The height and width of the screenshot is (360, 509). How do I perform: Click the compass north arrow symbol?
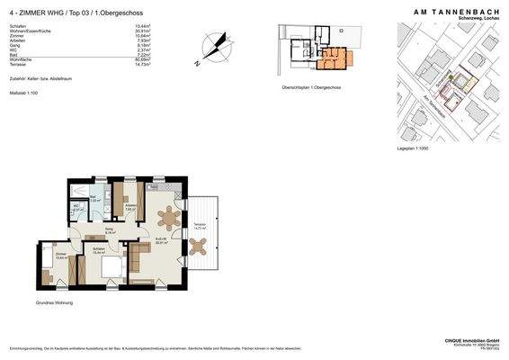coord(216,48)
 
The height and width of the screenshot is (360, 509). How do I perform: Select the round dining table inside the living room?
coord(167,216)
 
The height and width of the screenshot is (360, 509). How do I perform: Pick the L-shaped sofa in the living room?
coord(138,257)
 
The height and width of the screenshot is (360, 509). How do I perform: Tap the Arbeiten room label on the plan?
coord(130,207)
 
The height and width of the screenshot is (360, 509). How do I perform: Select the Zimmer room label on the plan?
coord(60,255)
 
